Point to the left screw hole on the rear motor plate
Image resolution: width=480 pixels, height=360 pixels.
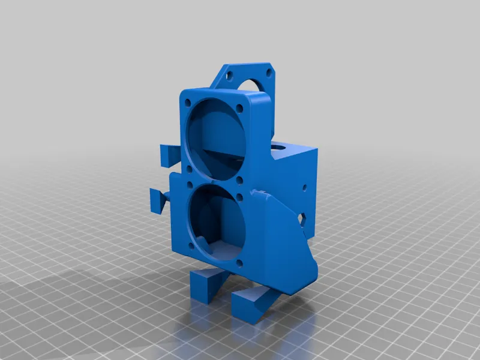click(x=229, y=76)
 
